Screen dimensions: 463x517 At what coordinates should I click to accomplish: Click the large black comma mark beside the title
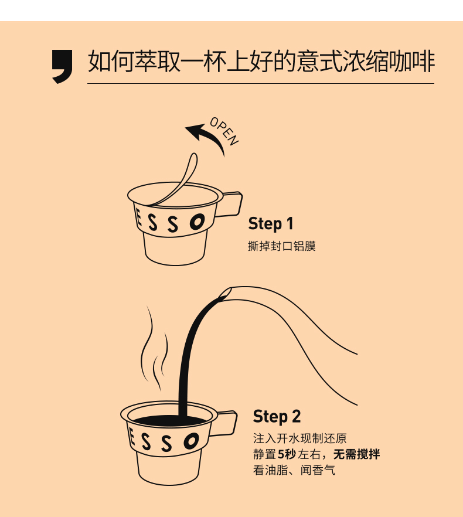[x=62, y=65]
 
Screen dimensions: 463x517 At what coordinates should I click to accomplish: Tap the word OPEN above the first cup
[x=224, y=131]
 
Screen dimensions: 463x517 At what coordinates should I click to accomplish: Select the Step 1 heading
[x=270, y=223]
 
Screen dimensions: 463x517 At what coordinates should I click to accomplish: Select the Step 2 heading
[x=277, y=416]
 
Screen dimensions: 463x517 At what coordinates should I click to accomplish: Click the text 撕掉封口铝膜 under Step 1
[x=282, y=246]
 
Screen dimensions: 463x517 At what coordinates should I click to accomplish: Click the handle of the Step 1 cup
[x=230, y=204]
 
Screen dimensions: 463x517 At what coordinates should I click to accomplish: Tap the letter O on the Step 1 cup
[x=197, y=222]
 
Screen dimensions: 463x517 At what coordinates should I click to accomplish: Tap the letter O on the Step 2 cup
[x=191, y=441]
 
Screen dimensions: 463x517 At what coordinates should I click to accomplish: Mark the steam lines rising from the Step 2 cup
[x=154, y=349]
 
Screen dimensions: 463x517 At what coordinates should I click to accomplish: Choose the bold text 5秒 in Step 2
[x=287, y=454]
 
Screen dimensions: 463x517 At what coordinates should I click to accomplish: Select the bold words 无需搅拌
[x=356, y=454]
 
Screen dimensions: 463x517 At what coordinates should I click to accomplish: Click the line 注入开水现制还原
[x=299, y=438]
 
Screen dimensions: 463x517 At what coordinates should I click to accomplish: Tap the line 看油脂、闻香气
[x=294, y=470]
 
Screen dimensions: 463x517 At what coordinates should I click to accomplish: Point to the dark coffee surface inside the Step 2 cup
[x=168, y=420]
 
